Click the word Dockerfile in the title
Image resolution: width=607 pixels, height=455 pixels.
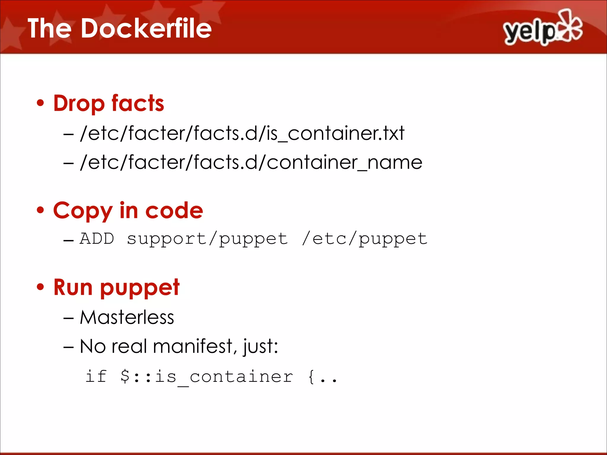[x=146, y=28]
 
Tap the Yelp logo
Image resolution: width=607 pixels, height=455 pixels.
[x=543, y=28]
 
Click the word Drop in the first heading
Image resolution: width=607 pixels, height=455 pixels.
[x=79, y=104]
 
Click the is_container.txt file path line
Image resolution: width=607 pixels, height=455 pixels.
[x=242, y=133]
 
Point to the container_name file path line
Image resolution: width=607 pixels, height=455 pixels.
[x=251, y=162]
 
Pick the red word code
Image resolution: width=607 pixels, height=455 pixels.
[x=174, y=211]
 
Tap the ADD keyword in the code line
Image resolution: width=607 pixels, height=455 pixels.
[x=97, y=239]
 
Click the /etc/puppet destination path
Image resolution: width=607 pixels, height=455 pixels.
[x=365, y=239]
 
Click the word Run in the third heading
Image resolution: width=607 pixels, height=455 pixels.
[x=73, y=287]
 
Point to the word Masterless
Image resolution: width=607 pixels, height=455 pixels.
[x=127, y=318]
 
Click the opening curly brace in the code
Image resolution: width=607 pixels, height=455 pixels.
[x=311, y=377]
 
